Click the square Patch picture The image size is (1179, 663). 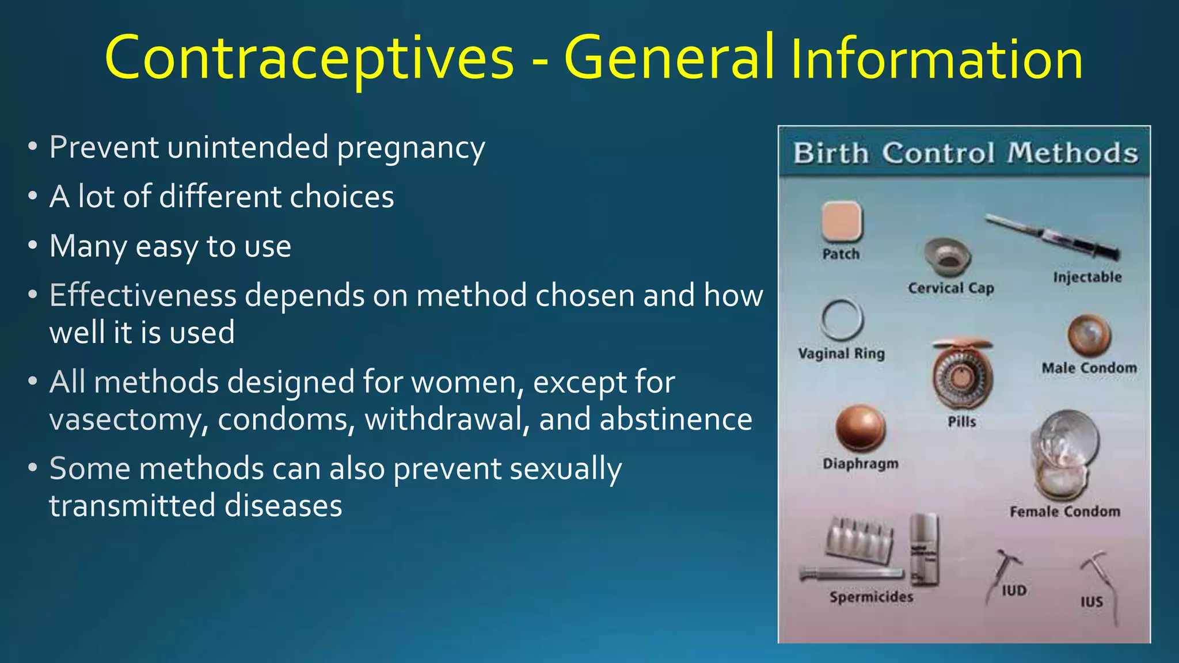pos(841,222)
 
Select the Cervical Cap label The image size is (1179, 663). pos(951,288)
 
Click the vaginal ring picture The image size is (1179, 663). pos(842,320)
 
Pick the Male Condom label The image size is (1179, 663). pos(1089,368)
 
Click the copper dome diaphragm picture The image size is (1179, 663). pos(860,428)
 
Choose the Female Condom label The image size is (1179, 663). pos(1065,511)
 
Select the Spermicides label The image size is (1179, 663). pos(871,597)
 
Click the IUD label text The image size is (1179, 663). pos(1014,590)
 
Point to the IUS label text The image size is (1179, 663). pos(1091,602)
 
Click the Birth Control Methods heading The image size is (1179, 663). pos(965,153)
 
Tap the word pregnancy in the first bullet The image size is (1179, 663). pos(410,148)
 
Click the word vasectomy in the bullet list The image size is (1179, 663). pos(128,420)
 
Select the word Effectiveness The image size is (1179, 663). pos(143,296)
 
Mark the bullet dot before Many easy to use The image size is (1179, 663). pos(33,246)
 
